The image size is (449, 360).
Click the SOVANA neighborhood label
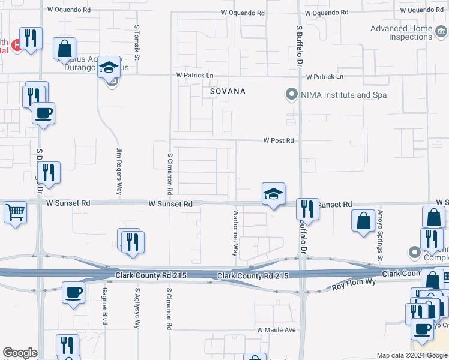228,91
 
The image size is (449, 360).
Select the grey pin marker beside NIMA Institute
291,94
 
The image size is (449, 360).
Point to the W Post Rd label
279,141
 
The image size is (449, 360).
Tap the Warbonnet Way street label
236,233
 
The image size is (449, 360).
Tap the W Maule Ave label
277,330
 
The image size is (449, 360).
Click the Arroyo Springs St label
380,236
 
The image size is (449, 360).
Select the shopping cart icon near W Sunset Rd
15,211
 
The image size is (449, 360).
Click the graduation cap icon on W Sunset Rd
273,194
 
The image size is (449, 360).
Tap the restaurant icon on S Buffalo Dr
307,209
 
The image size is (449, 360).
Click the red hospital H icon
17,44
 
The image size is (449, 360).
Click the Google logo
20,353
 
